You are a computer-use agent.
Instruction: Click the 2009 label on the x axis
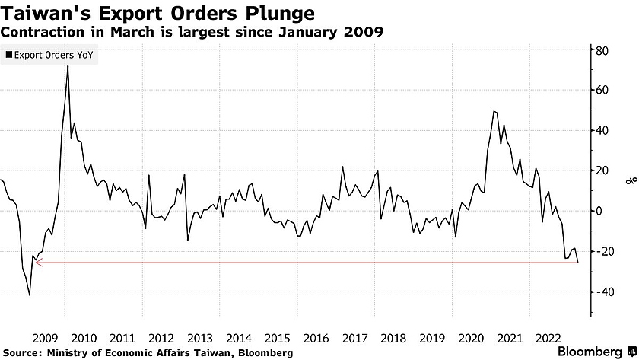pos(44,338)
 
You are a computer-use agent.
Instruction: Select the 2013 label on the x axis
pos(199,338)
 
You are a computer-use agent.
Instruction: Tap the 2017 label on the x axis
pos(354,338)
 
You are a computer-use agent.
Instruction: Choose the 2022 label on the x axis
pos(548,338)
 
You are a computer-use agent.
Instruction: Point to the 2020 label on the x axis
pos(471,338)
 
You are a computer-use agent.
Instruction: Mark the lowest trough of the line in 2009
pos(29,295)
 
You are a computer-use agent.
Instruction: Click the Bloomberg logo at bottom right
pos(596,351)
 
